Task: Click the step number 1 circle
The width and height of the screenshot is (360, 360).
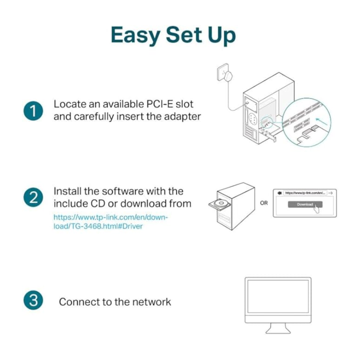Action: coord(33,110)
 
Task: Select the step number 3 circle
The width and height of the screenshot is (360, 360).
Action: coord(33,301)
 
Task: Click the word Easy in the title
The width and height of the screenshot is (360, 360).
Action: coord(136,36)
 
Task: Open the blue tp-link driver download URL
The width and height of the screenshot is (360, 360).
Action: coord(110,222)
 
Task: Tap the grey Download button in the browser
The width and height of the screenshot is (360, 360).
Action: coord(305,204)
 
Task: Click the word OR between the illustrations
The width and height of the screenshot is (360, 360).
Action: coord(264,203)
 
